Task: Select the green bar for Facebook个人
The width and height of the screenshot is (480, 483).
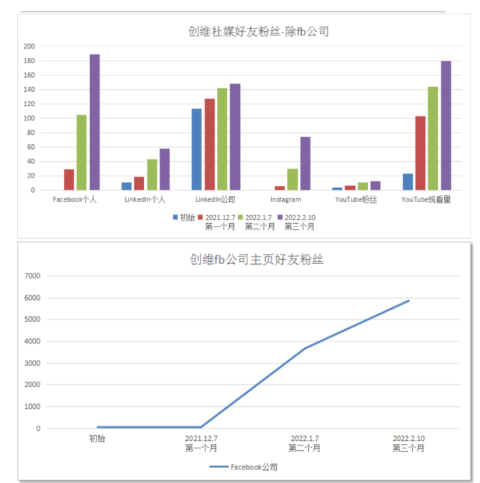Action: point(82,152)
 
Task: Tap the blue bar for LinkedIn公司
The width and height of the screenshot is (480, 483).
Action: point(196,149)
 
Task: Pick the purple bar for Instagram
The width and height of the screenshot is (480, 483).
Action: point(305,163)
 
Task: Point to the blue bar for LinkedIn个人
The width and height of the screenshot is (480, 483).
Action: point(126,186)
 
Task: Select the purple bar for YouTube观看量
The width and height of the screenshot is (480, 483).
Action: point(446,126)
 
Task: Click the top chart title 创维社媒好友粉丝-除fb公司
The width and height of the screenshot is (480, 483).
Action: point(258,31)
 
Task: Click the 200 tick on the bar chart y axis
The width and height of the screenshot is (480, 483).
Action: point(29,46)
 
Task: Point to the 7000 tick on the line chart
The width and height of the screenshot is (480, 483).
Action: point(33,276)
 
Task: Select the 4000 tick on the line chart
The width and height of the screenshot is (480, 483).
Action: point(33,342)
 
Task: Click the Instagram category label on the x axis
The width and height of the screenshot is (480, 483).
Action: point(286,200)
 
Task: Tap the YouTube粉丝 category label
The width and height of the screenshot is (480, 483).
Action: point(356,200)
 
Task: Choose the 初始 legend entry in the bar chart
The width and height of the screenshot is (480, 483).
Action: point(183,217)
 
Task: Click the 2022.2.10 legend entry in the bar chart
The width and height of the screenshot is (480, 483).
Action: point(300,217)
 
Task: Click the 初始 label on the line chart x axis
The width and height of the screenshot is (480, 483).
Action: point(97,438)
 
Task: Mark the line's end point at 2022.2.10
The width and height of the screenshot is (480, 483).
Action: point(409,301)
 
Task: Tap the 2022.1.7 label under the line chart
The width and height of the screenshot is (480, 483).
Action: point(305,438)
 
